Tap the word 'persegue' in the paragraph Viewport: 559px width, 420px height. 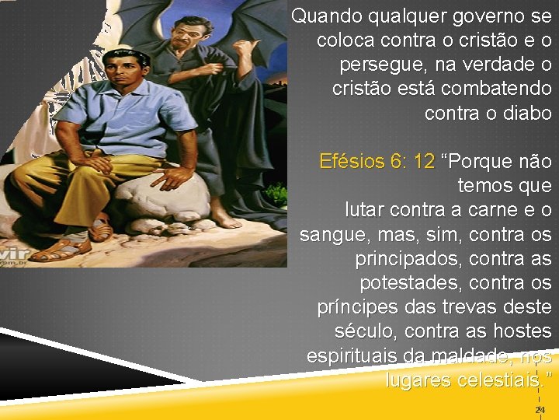(380, 64)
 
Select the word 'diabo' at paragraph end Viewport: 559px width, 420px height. (527, 113)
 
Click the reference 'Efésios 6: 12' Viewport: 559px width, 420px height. (377, 162)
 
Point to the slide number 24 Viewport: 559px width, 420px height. (540, 409)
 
